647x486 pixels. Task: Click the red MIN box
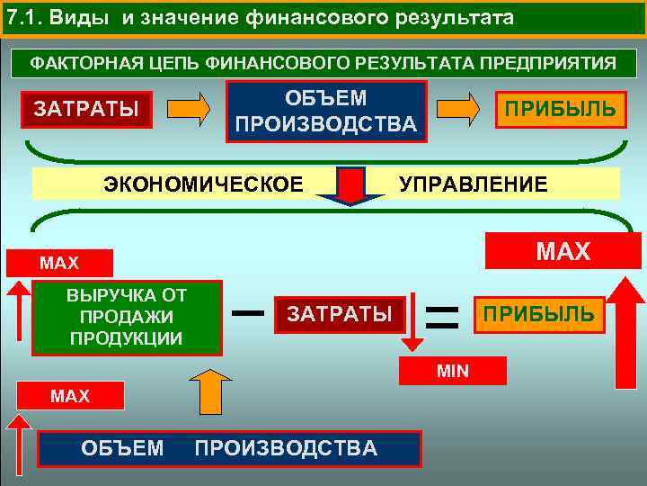pyautogui.click(x=454, y=371)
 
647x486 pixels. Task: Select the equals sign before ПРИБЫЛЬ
pyautogui.click(x=441, y=314)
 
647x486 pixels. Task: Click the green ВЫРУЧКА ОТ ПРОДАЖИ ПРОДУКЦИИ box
pyautogui.click(x=126, y=318)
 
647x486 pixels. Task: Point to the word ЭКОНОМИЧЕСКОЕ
pyautogui.click(x=203, y=184)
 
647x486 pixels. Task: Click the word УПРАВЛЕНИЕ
pyautogui.click(x=473, y=184)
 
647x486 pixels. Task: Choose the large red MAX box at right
pyautogui.click(x=554, y=251)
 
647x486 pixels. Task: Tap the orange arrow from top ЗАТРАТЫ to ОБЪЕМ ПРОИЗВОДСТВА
pyautogui.click(x=191, y=109)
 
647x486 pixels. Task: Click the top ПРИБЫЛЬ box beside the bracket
pyautogui.click(x=560, y=109)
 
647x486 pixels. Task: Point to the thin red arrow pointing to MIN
pyautogui.click(x=412, y=321)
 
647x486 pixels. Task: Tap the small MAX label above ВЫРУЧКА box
pyautogui.click(x=59, y=264)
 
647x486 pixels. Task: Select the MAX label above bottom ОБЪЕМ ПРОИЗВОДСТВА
pyautogui.click(x=70, y=396)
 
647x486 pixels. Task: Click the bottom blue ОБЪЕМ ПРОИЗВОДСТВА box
pyautogui.click(x=229, y=448)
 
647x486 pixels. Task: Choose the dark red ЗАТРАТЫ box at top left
pyautogui.click(x=86, y=110)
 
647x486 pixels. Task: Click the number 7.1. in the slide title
pyautogui.click(x=22, y=18)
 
